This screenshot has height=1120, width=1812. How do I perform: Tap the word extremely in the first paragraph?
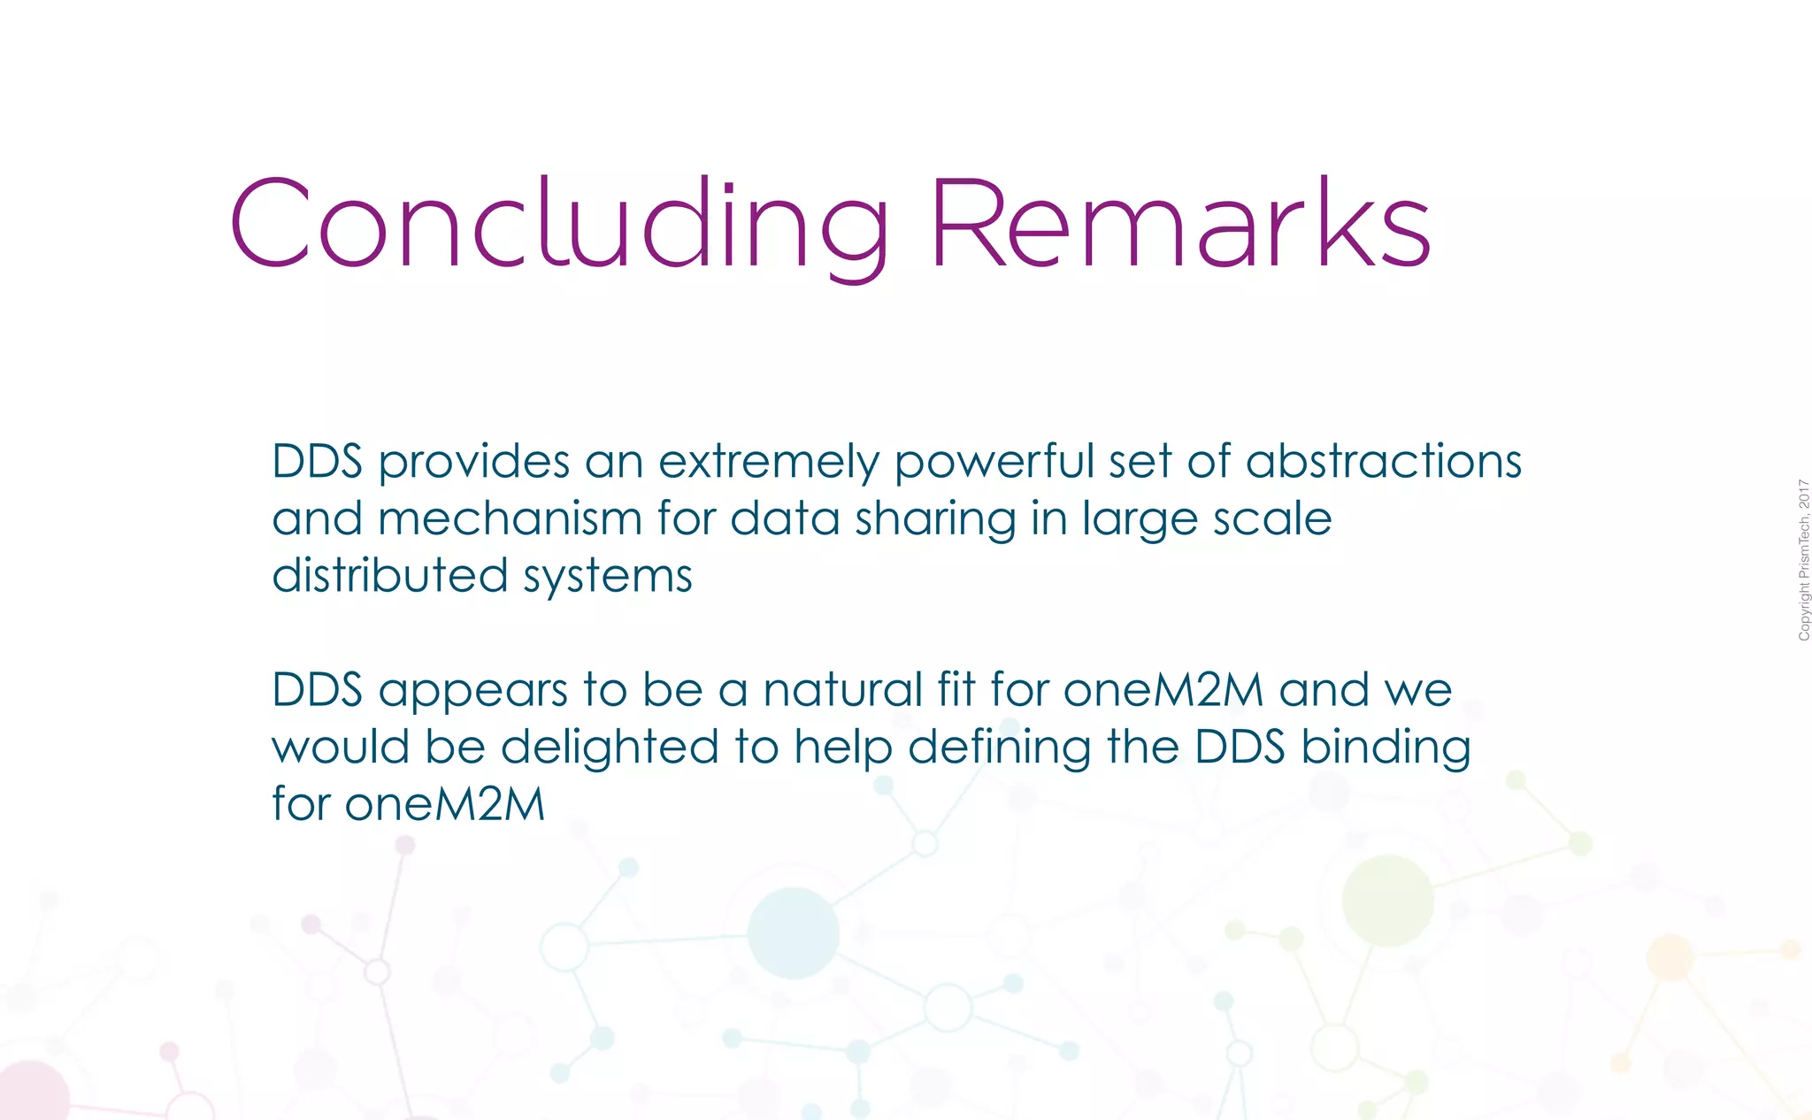tap(769, 462)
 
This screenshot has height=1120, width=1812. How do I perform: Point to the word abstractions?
tap(1384, 462)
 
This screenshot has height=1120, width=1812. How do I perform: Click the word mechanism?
tap(510, 518)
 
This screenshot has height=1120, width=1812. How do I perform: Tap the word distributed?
tap(389, 575)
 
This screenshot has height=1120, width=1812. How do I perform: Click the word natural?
tap(843, 690)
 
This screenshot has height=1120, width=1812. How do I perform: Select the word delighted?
tap(610, 747)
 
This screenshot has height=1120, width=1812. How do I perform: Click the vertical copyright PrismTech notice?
tap(1804, 560)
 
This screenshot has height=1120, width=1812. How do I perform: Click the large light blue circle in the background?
tap(793, 933)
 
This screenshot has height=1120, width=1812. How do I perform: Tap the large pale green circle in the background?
tap(1387, 901)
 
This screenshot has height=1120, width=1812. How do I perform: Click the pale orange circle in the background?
tap(1670, 957)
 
